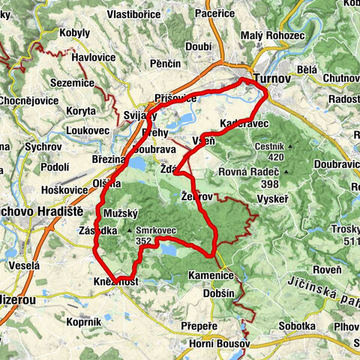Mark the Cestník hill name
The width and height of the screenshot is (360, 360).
[268, 146]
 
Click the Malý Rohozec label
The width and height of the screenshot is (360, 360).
[272, 36]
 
